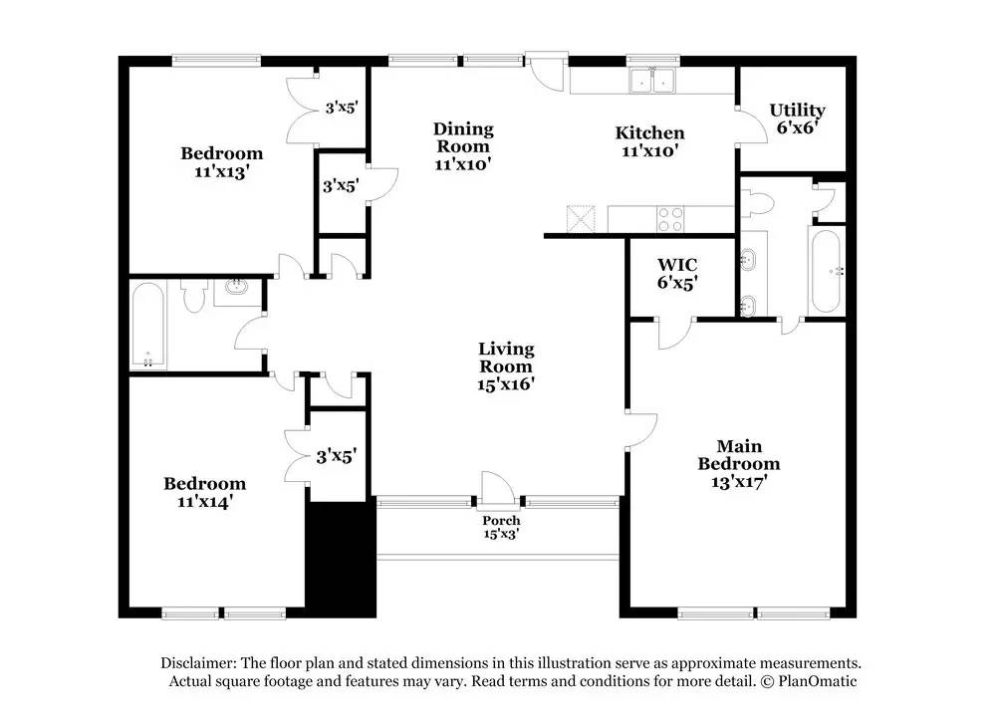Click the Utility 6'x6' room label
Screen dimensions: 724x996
click(x=797, y=119)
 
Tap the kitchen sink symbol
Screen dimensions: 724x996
click(x=652, y=81)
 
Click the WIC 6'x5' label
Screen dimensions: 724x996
click(x=676, y=274)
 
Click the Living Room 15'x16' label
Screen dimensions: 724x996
click(x=506, y=365)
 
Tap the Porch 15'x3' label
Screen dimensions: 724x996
click(x=501, y=527)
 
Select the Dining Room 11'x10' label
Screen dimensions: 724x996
click(x=463, y=146)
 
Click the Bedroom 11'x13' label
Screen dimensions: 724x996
click(x=221, y=161)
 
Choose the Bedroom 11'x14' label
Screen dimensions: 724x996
click(x=205, y=492)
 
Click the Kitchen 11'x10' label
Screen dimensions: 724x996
click(x=649, y=141)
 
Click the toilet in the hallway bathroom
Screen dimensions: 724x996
click(x=195, y=296)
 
